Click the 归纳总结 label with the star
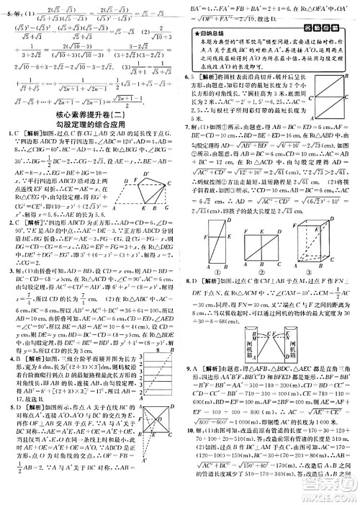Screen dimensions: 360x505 pos(208,32)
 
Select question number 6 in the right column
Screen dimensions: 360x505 pos(187,76)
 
